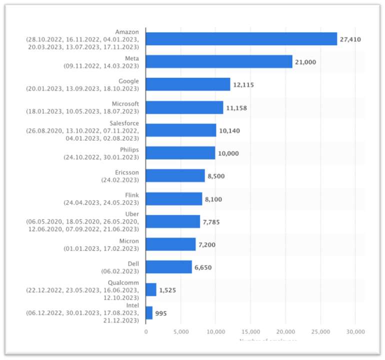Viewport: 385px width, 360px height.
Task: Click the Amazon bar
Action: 241,39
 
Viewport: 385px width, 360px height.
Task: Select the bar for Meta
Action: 218,61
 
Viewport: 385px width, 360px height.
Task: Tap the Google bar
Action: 187,84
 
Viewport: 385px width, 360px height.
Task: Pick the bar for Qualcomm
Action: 150,290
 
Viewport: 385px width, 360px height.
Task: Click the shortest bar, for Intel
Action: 149,313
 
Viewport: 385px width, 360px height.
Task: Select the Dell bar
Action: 168,267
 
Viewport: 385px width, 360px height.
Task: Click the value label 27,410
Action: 350,39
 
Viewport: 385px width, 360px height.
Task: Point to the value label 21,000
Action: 305,62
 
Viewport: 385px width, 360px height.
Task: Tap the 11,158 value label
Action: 236,107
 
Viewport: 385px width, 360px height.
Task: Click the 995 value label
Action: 160,313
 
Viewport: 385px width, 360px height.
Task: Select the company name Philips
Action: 129,149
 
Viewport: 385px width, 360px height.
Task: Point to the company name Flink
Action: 132,195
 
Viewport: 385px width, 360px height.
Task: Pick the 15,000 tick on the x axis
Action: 250,331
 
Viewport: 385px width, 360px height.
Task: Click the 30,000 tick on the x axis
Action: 354,331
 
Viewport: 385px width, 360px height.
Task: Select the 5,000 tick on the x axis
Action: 180,331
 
